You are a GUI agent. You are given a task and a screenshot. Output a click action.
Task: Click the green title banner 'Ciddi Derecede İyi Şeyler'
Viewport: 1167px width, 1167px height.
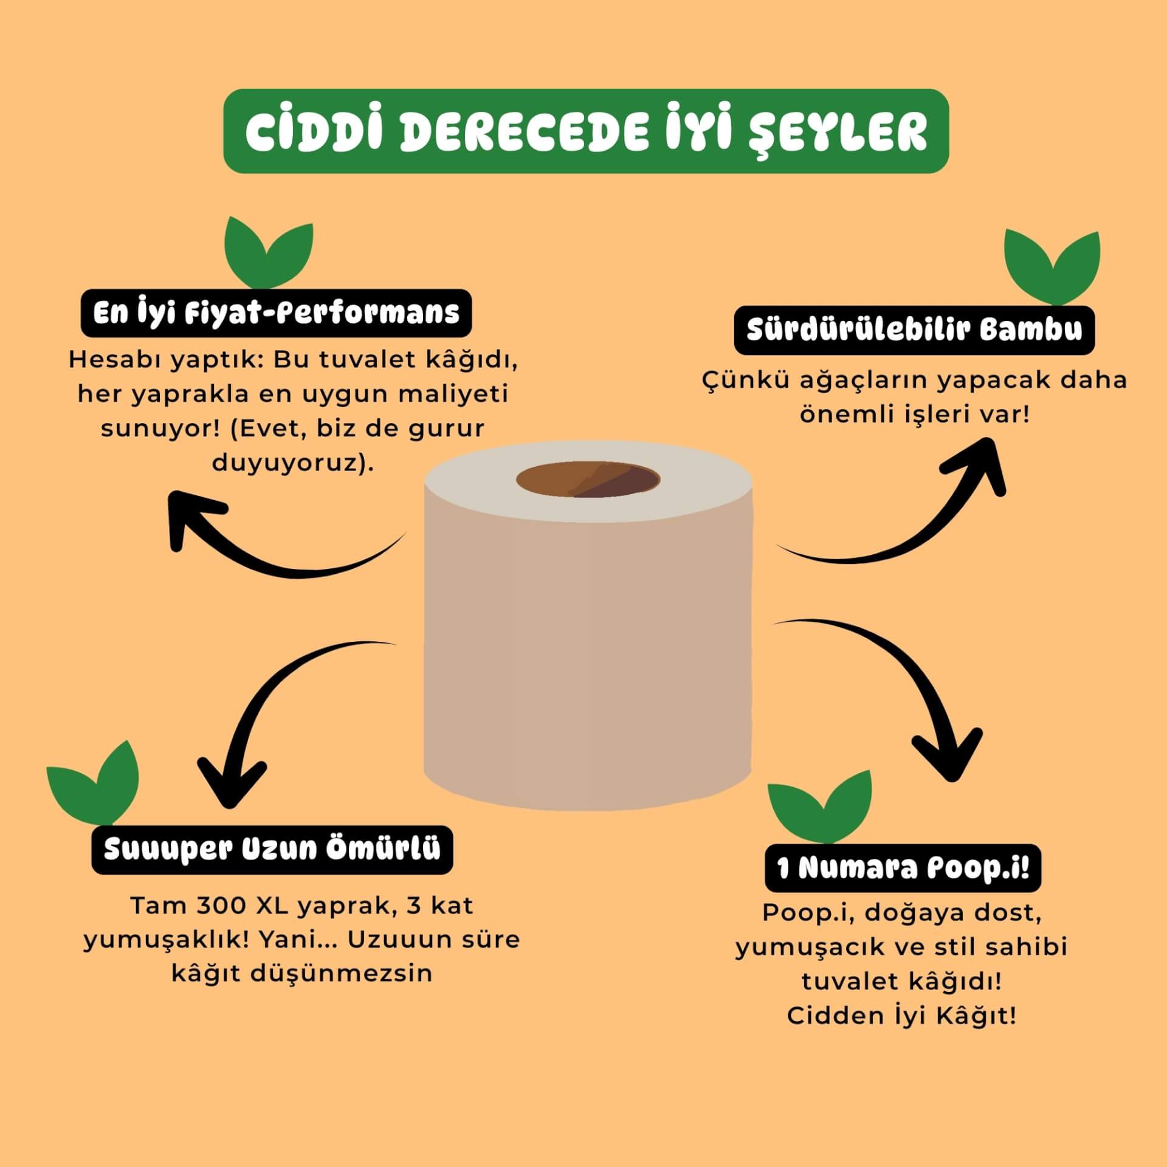click(586, 131)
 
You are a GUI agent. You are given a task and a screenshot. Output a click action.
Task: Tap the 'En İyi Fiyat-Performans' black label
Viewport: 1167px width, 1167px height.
click(277, 313)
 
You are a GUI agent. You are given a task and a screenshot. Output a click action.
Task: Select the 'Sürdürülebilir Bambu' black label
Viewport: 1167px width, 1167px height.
click(914, 331)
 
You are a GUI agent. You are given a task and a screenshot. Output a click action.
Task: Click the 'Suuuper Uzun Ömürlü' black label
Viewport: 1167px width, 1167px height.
click(272, 850)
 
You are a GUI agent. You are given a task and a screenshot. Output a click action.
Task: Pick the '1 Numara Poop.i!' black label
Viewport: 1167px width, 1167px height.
click(903, 869)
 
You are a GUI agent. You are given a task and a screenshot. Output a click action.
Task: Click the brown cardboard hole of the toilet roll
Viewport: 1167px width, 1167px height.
click(588, 480)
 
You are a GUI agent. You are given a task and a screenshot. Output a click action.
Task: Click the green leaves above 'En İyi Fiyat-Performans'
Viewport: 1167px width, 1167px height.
click(269, 252)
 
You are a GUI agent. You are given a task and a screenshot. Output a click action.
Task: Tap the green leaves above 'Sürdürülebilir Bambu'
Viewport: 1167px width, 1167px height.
click(1052, 267)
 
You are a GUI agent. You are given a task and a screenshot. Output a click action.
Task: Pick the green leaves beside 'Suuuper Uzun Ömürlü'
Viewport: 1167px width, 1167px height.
click(93, 783)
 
